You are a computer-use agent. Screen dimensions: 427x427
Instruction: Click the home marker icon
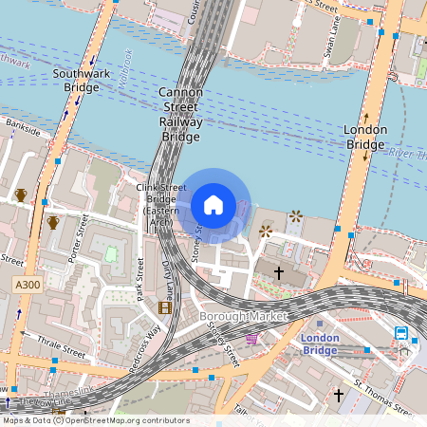[x=213, y=205]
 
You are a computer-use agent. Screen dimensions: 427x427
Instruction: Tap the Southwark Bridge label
[x=82, y=80]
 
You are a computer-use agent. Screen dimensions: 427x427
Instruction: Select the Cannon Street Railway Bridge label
[x=180, y=114]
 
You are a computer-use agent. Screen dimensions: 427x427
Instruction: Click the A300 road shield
[x=27, y=285]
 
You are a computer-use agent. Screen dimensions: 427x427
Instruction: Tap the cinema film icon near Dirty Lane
[x=165, y=306]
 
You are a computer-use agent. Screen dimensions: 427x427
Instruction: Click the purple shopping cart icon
[x=251, y=338]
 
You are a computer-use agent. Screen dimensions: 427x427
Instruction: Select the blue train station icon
[x=401, y=333]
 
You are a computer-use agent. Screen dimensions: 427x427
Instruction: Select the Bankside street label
[x=23, y=126]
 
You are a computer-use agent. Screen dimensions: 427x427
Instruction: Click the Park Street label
[x=139, y=280]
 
